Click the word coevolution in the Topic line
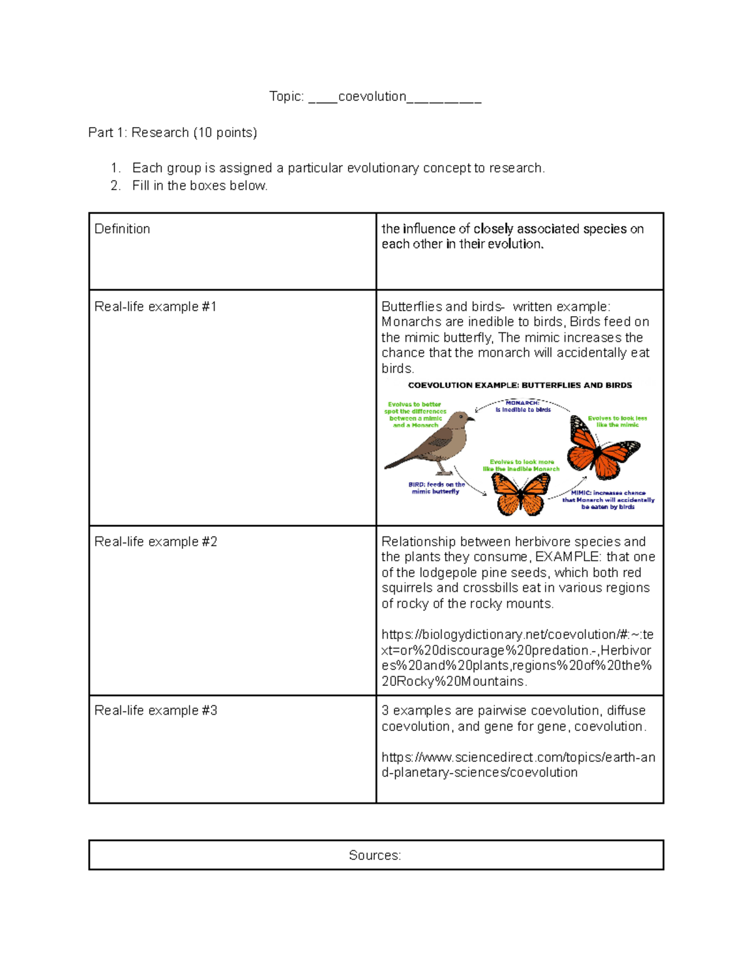[x=372, y=96]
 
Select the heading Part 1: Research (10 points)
[x=172, y=133]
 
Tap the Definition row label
[x=122, y=229]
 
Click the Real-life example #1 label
[x=155, y=307]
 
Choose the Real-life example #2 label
[x=155, y=542]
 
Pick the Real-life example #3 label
[x=155, y=711]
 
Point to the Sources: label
[x=375, y=856]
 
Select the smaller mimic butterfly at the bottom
[x=521, y=493]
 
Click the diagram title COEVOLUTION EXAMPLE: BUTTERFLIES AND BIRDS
[x=519, y=386]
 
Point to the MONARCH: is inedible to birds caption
[x=523, y=406]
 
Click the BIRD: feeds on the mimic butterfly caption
[x=436, y=488]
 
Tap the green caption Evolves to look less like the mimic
[x=617, y=421]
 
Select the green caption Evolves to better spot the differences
[x=415, y=414]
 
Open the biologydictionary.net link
[x=517, y=658]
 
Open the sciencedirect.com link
[x=518, y=765]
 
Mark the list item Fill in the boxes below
[x=200, y=186]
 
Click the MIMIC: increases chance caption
[x=608, y=500]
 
